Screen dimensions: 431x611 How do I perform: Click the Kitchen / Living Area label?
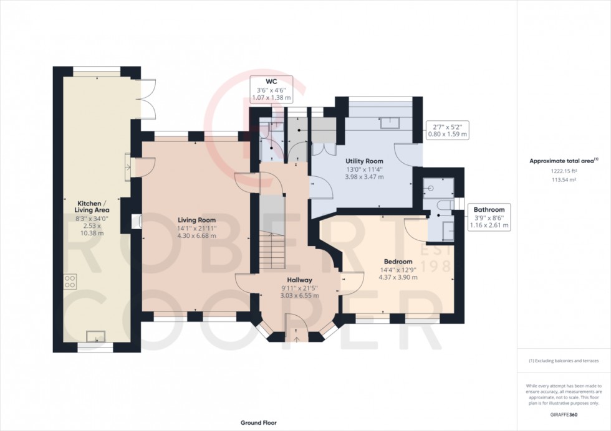click(x=92, y=207)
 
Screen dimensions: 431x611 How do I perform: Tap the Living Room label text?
click(x=196, y=220)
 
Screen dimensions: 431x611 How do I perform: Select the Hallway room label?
click(x=299, y=280)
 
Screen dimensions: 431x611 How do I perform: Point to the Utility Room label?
click(x=365, y=161)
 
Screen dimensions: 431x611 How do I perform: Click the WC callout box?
click(x=270, y=89)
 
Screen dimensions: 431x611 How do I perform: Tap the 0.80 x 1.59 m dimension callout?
click(x=446, y=130)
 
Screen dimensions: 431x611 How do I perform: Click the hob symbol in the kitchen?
click(x=70, y=282)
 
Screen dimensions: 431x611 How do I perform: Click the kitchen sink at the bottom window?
click(x=95, y=337)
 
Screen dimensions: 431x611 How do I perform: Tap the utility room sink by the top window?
click(x=392, y=122)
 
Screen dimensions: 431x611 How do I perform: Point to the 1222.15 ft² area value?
click(x=564, y=171)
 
